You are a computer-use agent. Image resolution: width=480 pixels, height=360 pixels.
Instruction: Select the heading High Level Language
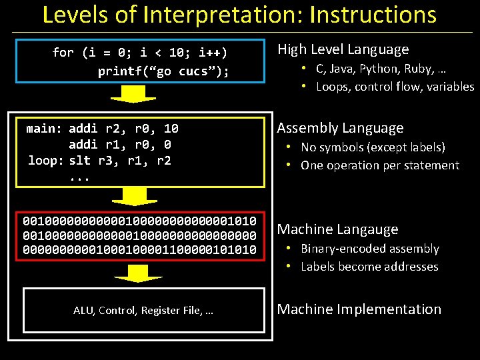(x=343, y=49)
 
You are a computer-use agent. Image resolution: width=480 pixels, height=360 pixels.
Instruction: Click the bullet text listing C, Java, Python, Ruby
(x=381, y=68)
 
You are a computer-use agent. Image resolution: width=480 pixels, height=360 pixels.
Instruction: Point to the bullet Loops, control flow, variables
(x=395, y=87)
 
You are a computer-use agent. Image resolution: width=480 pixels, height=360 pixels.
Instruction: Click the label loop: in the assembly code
(x=47, y=161)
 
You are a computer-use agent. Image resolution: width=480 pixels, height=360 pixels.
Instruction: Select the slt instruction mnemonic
(x=80, y=161)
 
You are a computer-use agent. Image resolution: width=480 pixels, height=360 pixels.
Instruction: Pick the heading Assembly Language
(x=340, y=128)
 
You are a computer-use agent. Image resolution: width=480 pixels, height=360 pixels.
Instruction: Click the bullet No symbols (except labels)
(x=373, y=147)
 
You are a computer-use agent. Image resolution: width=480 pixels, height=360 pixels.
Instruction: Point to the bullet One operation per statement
(x=380, y=165)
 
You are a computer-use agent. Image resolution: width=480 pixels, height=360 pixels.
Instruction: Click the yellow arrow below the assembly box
(x=133, y=195)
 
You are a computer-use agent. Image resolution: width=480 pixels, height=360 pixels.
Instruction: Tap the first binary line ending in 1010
(x=140, y=220)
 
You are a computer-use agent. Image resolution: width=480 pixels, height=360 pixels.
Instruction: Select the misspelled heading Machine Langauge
(x=337, y=229)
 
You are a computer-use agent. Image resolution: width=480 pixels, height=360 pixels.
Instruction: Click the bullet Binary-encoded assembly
(x=369, y=249)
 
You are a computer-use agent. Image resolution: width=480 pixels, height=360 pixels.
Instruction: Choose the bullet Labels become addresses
(x=369, y=267)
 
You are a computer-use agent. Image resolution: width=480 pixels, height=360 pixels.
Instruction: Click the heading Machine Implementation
(x=359, y=309)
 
